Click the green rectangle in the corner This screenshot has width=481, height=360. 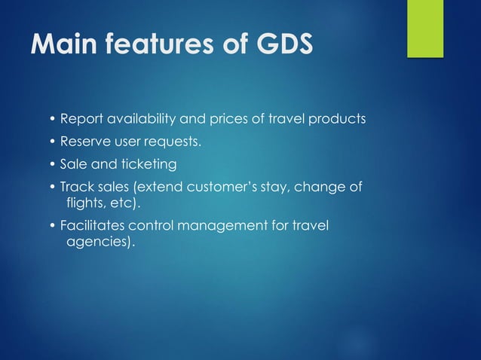pyautogui.click(x=425, y=29)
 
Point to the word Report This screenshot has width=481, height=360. pyautogui.click(x=80, y=119)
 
